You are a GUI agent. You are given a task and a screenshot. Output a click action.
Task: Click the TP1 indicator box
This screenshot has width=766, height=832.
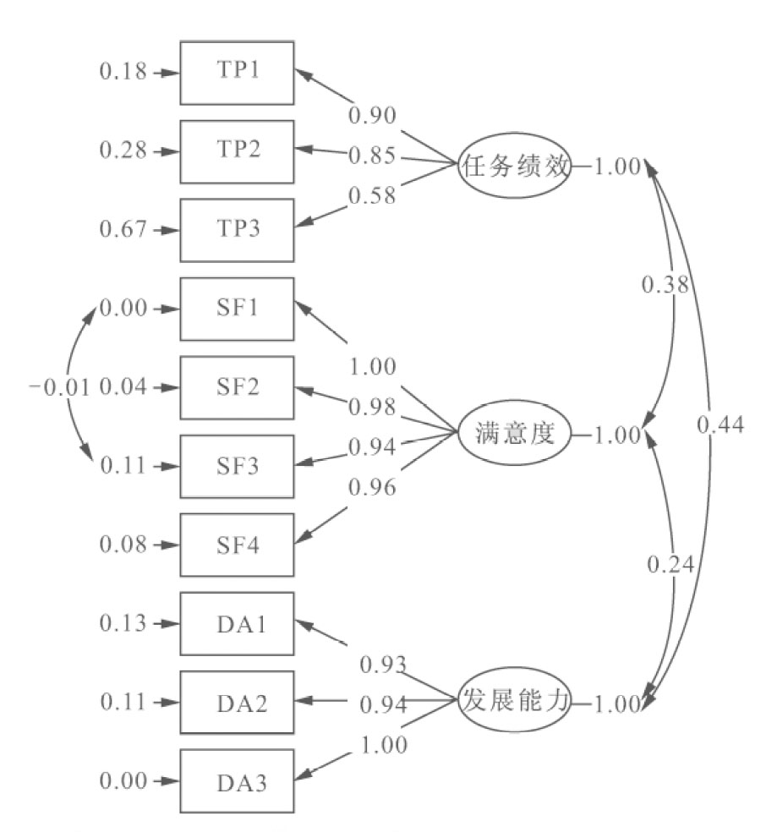(x=238, y=72)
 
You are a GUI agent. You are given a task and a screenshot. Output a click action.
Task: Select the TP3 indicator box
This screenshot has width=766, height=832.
(x=238, y=229)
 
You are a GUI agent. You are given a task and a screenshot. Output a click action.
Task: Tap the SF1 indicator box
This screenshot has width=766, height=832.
(x=238, y=308)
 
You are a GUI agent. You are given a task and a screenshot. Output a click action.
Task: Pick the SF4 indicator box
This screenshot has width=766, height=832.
(x=238, y=545)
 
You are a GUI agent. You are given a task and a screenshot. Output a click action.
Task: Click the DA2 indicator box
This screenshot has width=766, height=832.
(x=238, y=702)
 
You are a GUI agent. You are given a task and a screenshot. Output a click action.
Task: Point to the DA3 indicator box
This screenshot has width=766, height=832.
(x=238, y=780)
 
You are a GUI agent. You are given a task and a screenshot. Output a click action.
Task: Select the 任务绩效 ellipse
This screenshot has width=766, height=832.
(x=513, y=166)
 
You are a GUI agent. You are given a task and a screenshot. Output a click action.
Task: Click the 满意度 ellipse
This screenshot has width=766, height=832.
(x=513, y=435)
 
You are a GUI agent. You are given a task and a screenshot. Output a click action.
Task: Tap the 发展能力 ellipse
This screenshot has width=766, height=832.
(x=513, y=701)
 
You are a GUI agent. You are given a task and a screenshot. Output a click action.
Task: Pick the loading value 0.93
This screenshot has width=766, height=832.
(x=383, y=664)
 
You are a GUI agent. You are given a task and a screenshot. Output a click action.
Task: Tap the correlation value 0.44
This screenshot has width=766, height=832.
(x=719, y=425)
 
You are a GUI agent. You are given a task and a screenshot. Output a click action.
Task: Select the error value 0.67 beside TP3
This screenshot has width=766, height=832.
(x=123, y=229)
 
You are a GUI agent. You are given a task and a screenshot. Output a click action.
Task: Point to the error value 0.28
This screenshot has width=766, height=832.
(x=123, y=151)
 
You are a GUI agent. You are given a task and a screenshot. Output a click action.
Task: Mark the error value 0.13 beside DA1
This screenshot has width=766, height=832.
(x=123, y=623)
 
